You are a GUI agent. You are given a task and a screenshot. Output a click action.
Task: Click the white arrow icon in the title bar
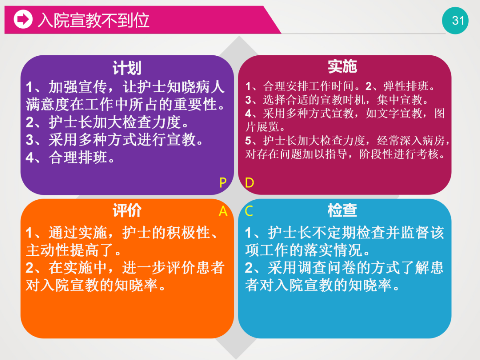pyautogui.click(x=22, y=20)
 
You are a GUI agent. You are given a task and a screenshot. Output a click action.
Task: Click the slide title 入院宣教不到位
pyautogui.click(x=94, y=20)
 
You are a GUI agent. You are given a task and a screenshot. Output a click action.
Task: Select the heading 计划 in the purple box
pyautogui.click(x=127, y=67)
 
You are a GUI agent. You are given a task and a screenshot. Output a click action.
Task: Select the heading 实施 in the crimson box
pyautogui.click(x=342, y=67)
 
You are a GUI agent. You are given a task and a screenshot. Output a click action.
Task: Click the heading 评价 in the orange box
pyautogui.click(x=127, y=210)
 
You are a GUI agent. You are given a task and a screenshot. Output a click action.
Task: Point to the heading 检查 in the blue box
pyautogui.click(x=342, y=210)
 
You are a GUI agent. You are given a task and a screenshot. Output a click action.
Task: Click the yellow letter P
pyautogui.click(x=223, y=183)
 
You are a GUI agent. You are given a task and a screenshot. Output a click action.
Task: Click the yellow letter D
pyautogui.click(x=250, y=183)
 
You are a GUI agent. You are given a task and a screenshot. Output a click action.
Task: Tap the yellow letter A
pyautogui.click(x=223, y=211)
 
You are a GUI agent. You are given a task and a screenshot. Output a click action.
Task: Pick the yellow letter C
pyautogui.click(x=249, y=211)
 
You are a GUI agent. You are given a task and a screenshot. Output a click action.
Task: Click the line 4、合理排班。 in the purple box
pyautogui.click(x=71, y=158)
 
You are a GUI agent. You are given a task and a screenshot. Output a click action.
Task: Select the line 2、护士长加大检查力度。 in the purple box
pyautogui.click(x=108, y=122)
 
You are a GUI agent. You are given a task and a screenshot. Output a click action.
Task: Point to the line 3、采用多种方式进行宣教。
pyautogui.click(x=115, y=140)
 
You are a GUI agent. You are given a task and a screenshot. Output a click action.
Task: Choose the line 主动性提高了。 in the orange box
pyautogui.click(x=73, y=250)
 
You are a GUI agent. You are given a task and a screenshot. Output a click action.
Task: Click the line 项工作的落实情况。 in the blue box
pyautogui.click(x=308, y=250)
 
